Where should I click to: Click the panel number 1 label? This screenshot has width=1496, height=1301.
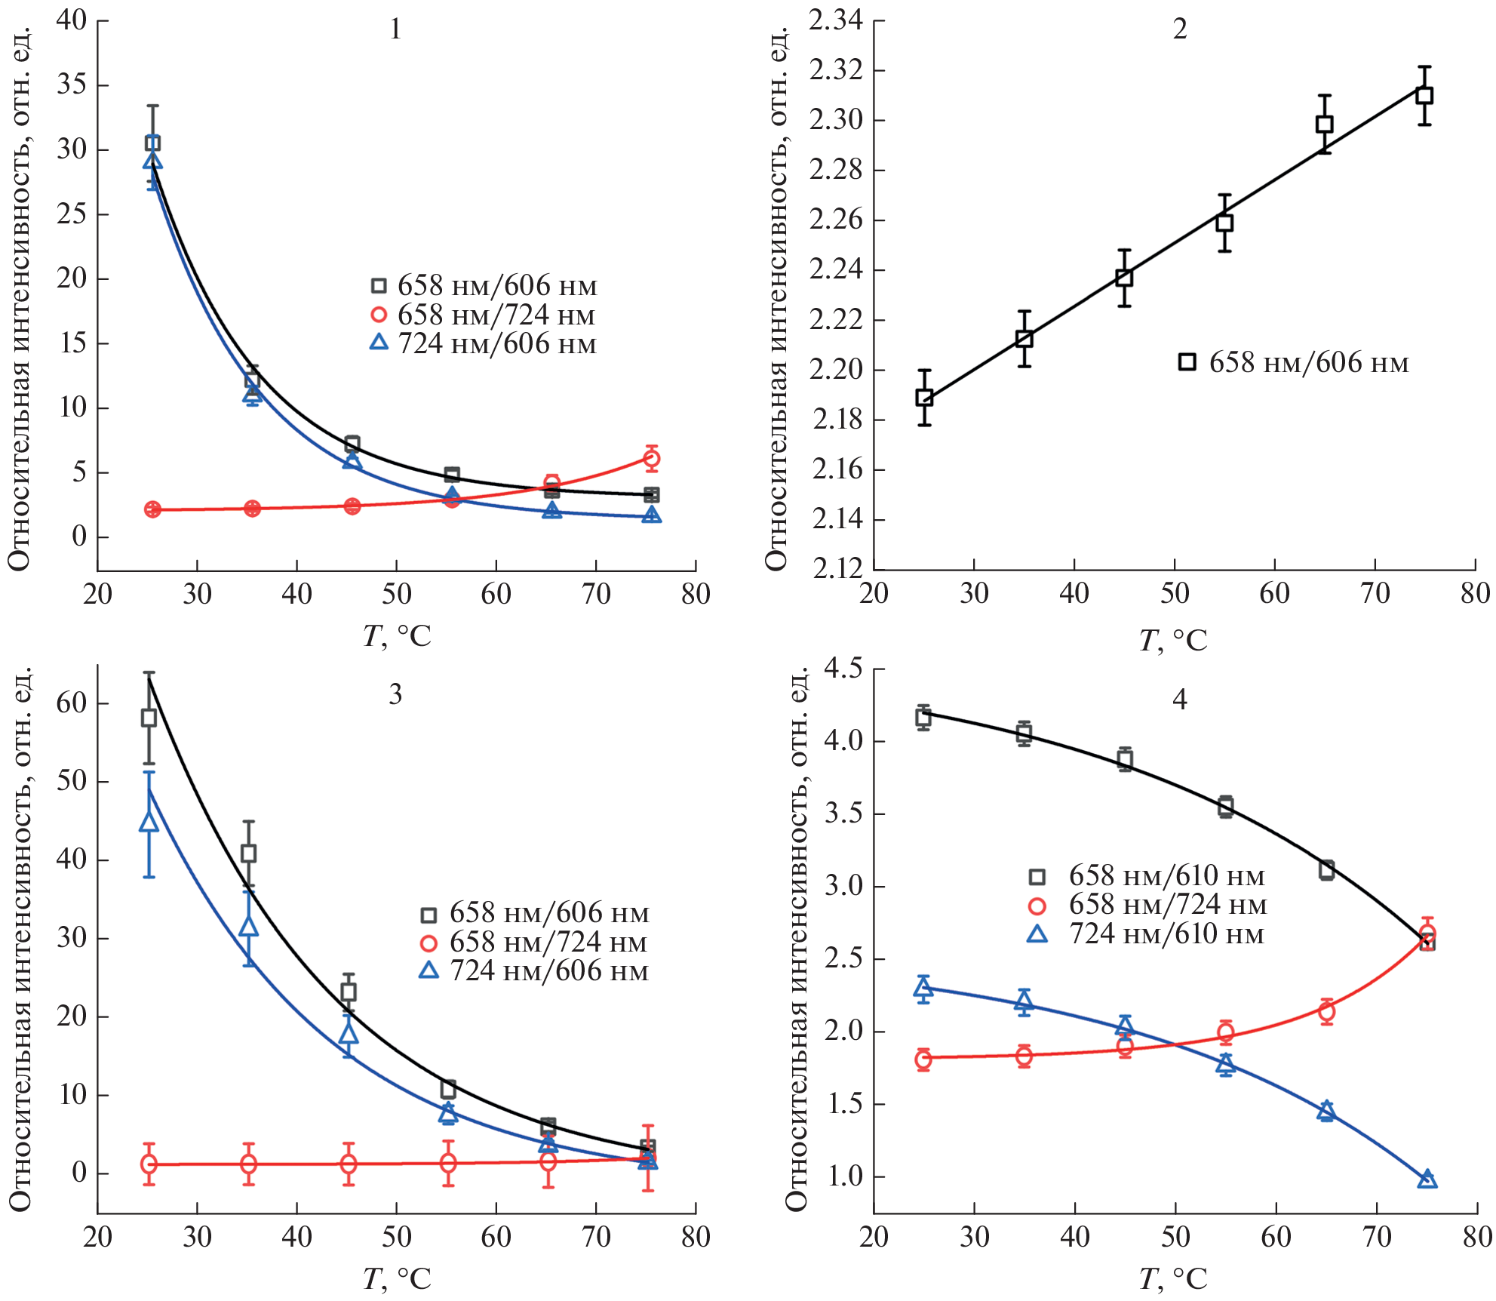(395, 29)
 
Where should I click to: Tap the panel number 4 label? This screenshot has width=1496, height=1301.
(1179, 700)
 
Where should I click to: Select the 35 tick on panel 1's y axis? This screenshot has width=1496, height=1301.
(72, 85)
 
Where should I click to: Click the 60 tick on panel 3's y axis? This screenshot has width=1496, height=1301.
(72, 703)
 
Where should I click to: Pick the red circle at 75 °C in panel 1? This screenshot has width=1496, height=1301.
(652, 458)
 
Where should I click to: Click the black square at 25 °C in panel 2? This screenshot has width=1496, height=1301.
(924, 398)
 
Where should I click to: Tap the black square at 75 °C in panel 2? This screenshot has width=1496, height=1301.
(1424, 96)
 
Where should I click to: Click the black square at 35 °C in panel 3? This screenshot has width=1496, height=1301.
(248, 853)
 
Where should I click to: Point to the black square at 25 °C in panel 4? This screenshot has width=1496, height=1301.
(923, 718)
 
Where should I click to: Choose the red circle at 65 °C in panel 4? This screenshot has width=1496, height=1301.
(1326, 1011)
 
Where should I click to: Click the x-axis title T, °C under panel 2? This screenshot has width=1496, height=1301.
(1172, 640)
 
